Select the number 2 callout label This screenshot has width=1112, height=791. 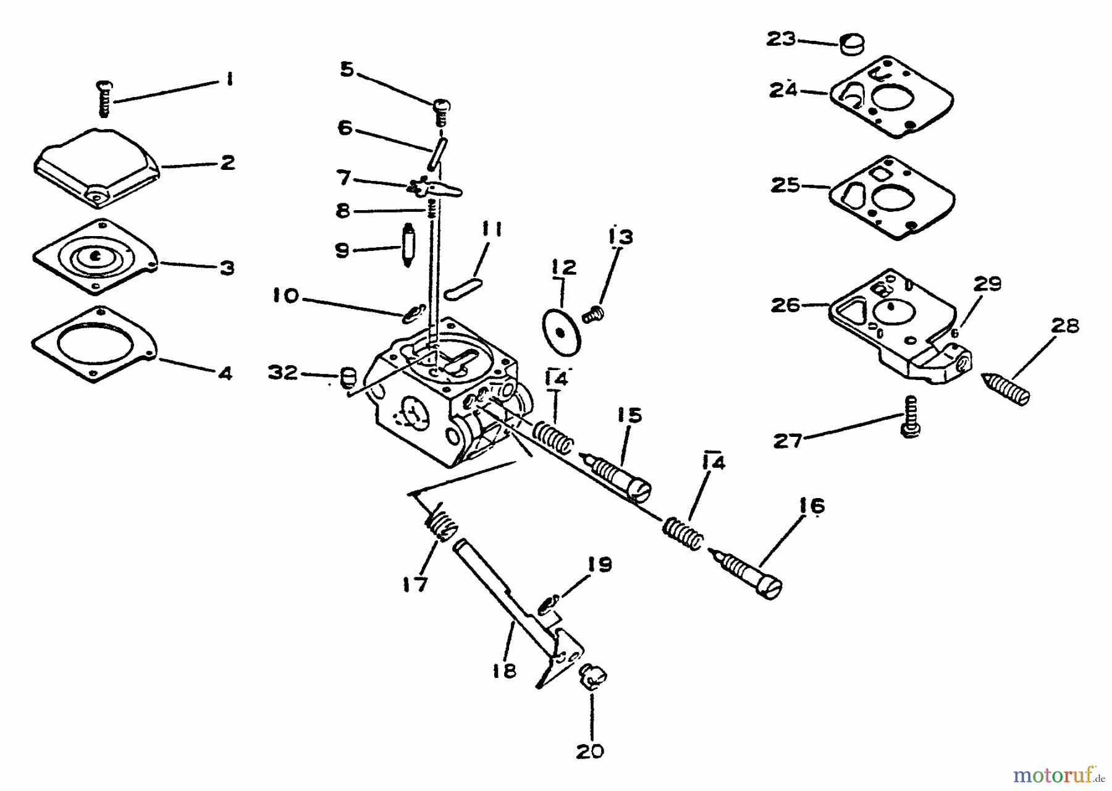pyautogui.click(x=227, y=163)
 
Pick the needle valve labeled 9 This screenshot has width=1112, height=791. pyautogui.click(x=406, y=245)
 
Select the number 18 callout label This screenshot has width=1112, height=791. pyautogui.click(x=505, y=671)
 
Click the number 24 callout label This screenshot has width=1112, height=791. pyautogui.click(x=783, y=91)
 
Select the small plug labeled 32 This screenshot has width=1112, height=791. pyautogui.click(x=348, y=376)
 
